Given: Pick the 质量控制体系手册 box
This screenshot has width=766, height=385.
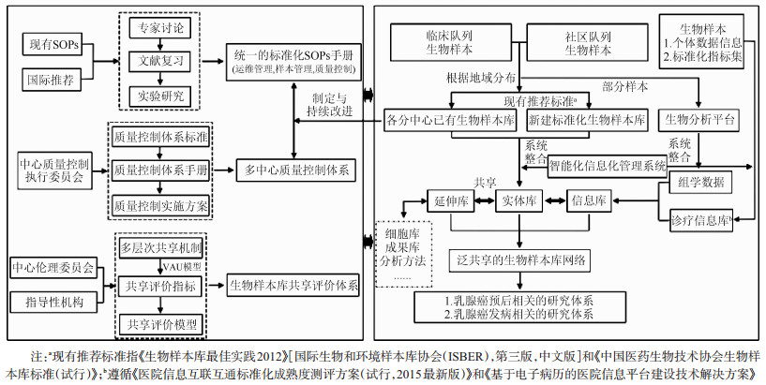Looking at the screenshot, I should click(160, 170).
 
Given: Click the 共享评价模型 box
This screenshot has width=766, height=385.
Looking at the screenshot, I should click(160, 323).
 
